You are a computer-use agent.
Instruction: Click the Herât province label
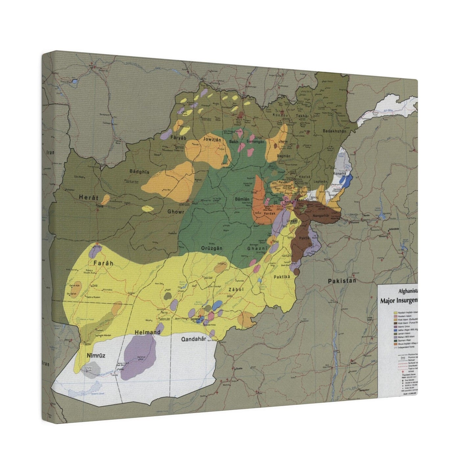[89, 198]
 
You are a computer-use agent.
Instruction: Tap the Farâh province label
[103, 263]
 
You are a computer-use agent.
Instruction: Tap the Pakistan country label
[342, 281]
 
